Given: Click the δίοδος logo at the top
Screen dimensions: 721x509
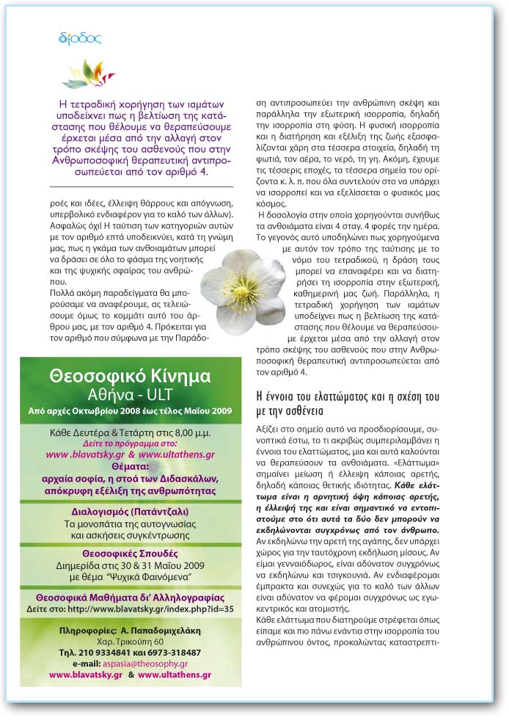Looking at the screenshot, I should click(x=80, y=37).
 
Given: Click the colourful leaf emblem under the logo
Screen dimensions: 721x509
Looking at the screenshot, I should click(x=89, y=73).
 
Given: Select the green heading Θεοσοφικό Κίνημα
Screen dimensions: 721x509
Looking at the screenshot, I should click(x=131, y=376).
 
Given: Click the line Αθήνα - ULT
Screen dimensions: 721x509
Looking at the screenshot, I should click(x=131, y=394).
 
